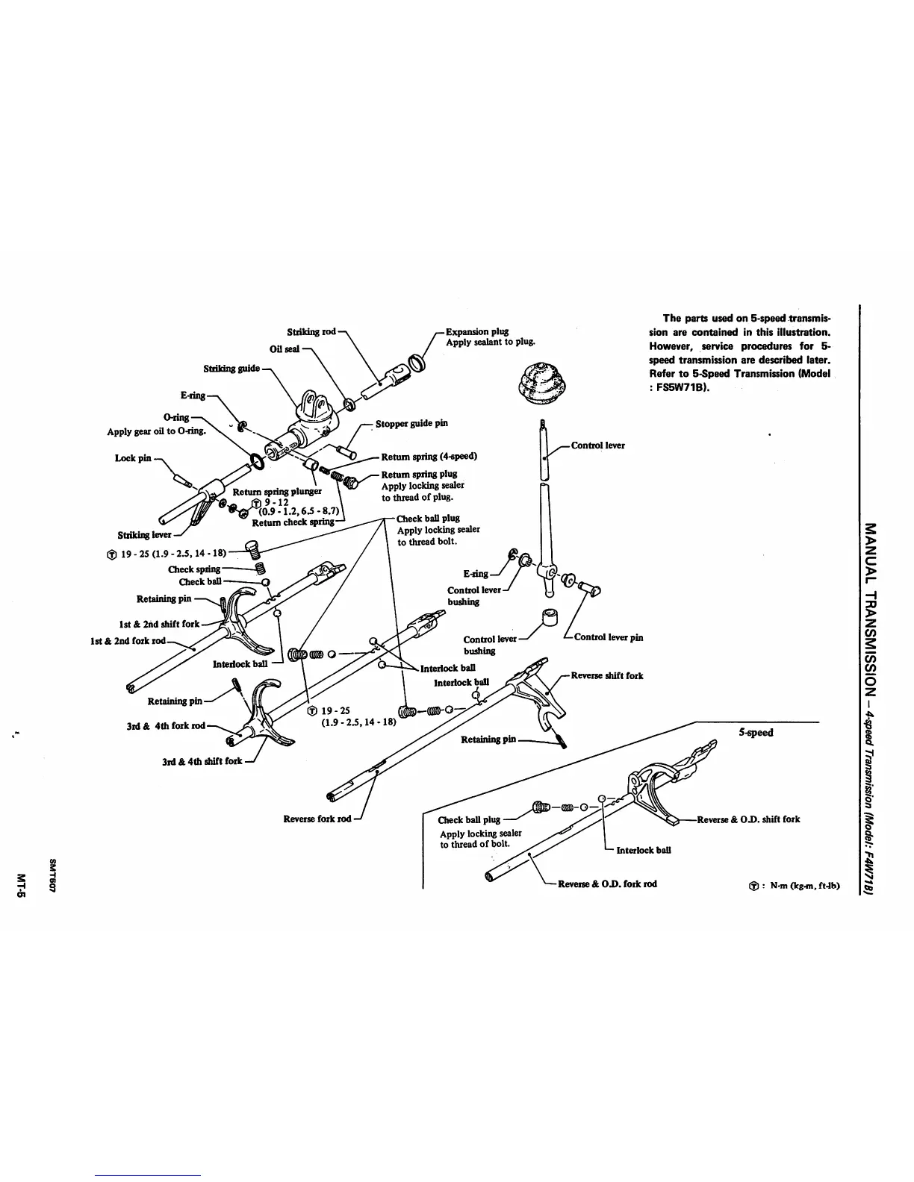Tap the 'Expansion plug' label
477,331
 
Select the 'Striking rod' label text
311,331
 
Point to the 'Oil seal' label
285,349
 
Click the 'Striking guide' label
231,369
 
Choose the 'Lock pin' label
133,458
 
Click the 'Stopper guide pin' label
411,423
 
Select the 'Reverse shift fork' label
606,676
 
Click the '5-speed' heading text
756,732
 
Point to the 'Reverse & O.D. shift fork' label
747,819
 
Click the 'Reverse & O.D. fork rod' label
607,884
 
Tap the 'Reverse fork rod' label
317,819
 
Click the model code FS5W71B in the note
681,388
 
